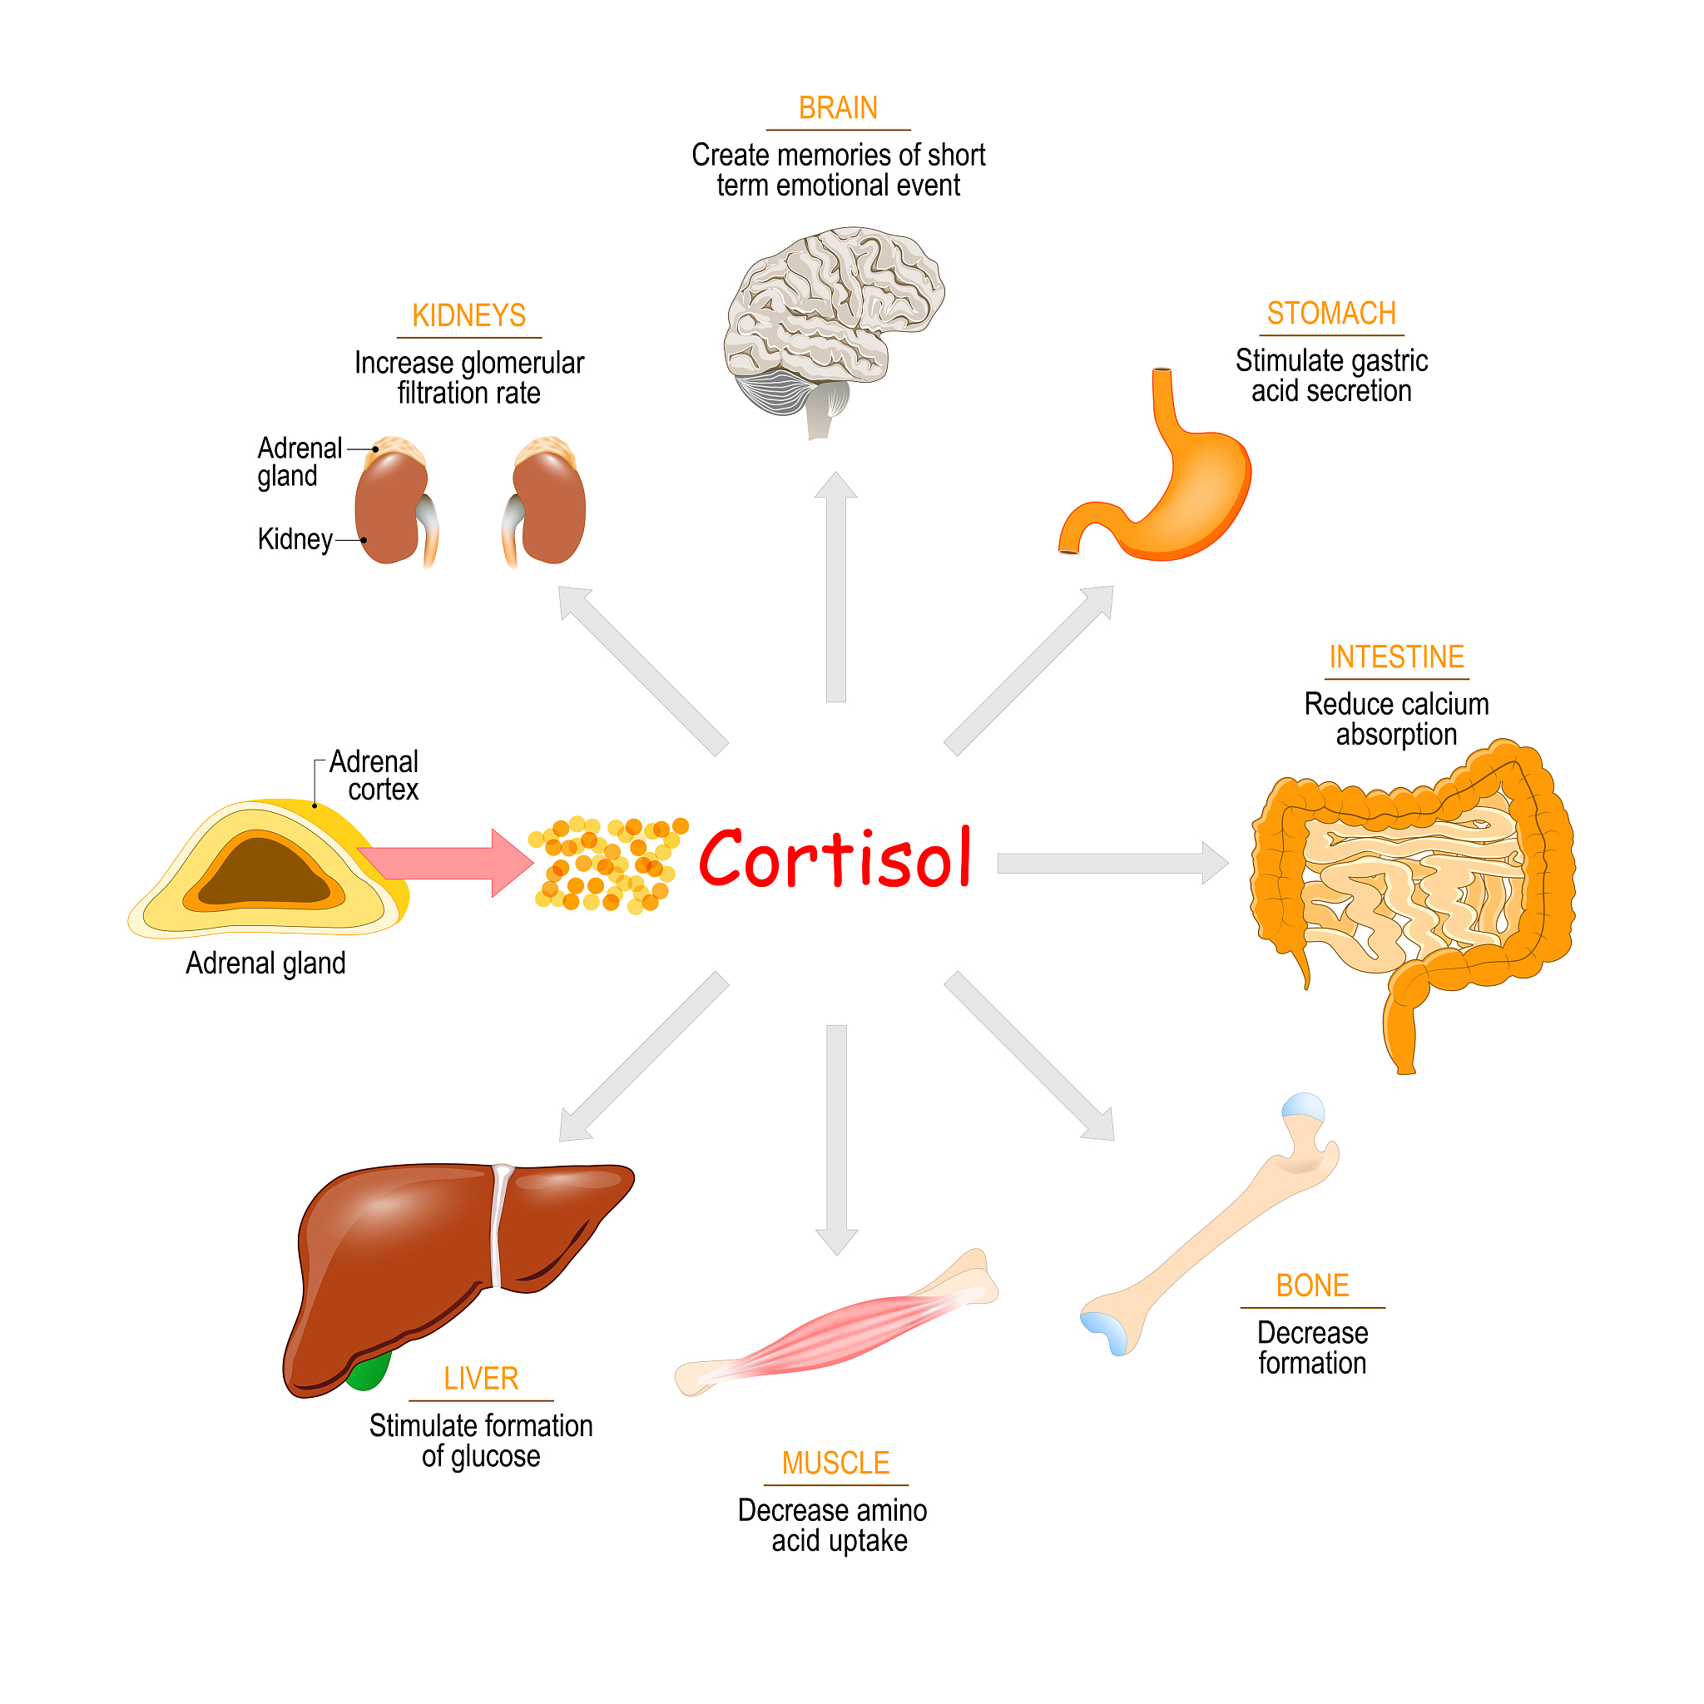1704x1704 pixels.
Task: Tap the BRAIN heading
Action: pos(837,108)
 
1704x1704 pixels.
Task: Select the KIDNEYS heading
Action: pos(468,315)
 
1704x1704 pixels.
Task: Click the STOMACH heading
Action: pos(1331,314)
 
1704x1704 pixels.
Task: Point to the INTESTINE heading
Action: pos(1396,657)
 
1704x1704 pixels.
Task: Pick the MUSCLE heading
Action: pos(835,1464)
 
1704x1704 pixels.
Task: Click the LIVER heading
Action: pos(481,1379)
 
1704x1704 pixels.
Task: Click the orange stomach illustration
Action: pos(1181,494)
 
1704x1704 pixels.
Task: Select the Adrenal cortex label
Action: pos(376,775)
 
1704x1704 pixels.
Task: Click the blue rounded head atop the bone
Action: pos(1303,1106)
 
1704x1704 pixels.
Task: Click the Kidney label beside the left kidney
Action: pos(295,539)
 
